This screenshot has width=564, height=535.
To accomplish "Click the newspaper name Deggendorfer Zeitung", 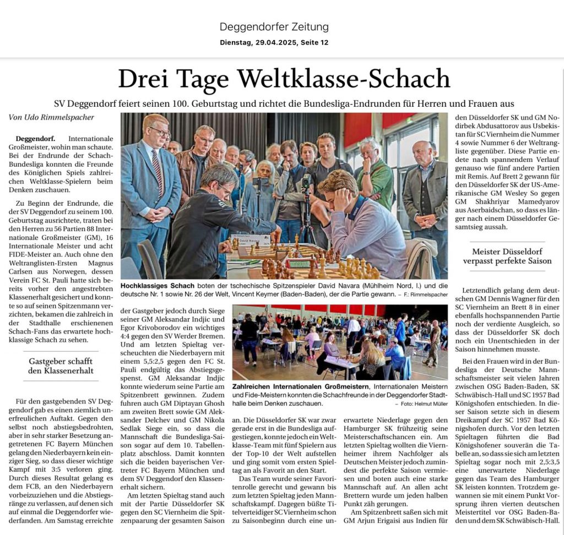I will tap(274, 26).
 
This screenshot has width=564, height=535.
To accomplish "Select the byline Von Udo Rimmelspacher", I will tap(51, 117).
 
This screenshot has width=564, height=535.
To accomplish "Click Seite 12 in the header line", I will tap(313, 42).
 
